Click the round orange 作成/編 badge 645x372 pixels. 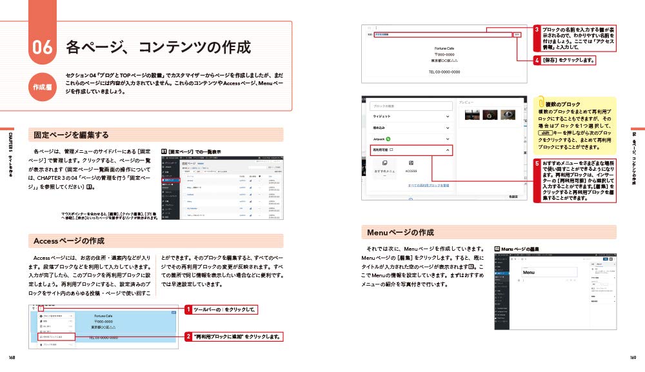[x=43, y=87]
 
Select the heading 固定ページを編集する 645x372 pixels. [x=71, y=135]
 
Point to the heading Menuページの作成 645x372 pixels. [x=401, y=232]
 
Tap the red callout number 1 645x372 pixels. [x=188, y=310]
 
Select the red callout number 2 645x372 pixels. [x=188, y=336]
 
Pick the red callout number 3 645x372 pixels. [x=537, y=30]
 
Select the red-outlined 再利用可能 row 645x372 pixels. [x=411, y=150]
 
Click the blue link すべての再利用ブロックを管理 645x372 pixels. [x=428, y=185]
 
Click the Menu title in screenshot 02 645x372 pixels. [x=528, y=273]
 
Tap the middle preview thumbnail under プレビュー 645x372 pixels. [x=491, y=115]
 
